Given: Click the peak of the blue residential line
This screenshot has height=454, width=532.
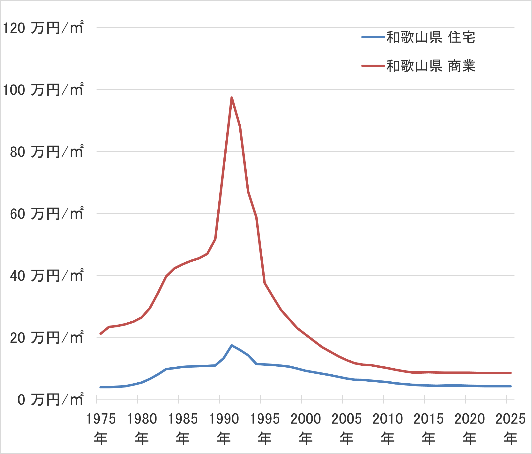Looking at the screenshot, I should (232, 345).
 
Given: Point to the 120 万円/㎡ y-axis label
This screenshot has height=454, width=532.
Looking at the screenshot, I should (43, 28).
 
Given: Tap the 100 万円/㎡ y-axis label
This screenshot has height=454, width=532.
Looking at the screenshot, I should (43, 90).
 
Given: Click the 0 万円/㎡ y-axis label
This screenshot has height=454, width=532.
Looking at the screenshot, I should (50, 400).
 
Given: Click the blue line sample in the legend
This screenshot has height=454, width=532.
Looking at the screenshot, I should (373, 37).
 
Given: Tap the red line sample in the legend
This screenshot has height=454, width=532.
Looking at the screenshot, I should (373, 66).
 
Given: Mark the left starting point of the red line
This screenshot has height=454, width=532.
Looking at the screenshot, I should (100, 334).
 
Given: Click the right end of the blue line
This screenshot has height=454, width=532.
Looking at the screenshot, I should (510, 386).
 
